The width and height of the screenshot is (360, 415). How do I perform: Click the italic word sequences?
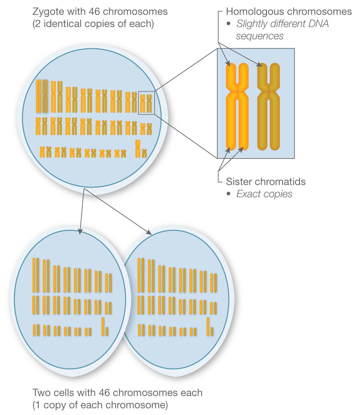(x=260, y=36)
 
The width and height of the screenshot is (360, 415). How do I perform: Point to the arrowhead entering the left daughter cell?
(x=80, y=231)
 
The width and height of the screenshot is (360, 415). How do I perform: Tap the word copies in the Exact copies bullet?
(x=277, y=194)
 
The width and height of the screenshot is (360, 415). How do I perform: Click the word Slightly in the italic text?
(x=250, y=24)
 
